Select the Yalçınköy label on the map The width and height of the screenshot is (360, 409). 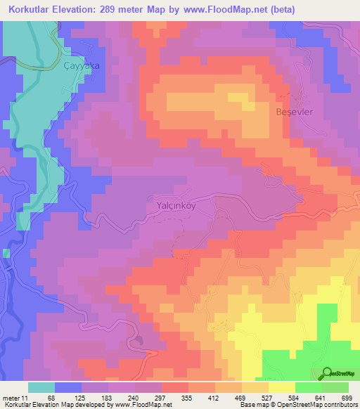pos(171,207)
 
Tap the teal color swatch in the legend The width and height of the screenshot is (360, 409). pos(41,387)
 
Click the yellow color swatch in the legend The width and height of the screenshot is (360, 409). pos(282,387)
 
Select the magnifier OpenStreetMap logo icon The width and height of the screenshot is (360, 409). pos(326,374)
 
